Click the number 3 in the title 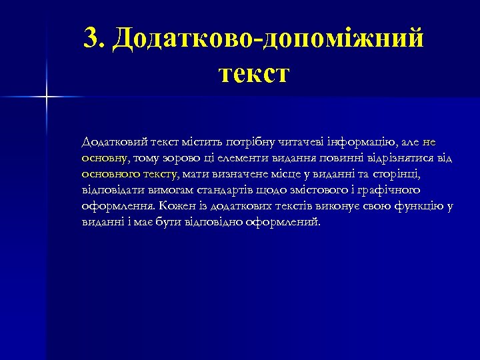(x=93, y=39)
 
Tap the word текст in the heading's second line (x=253, y=72)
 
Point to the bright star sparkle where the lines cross (x=47, y=97)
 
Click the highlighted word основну (x=105, y=158)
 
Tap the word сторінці (x=397, y=174)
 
